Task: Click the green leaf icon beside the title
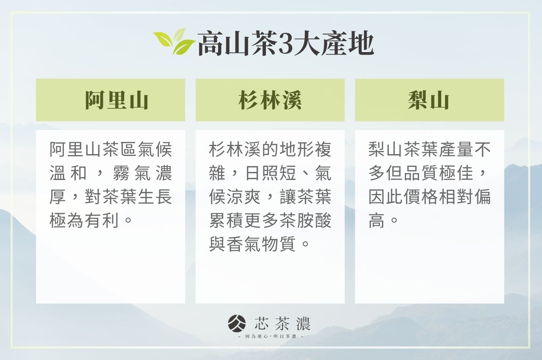174,42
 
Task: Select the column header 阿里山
116,100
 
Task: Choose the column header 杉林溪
270,100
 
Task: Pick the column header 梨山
429,100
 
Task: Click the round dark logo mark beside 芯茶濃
237,324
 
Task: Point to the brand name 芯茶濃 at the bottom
282,324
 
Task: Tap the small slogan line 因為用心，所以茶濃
271,337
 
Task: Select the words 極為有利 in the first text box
84,221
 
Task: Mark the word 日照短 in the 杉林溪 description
271,173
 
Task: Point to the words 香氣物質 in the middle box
261,244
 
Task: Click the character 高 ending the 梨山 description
377,221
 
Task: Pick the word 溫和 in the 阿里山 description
68,173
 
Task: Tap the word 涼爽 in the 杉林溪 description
243,197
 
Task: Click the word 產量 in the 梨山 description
456,150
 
